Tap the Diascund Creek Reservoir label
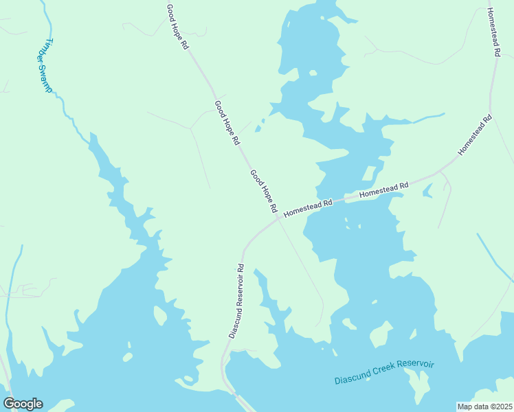click(385, 371)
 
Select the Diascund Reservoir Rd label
click(236, 301)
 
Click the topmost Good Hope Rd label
click(177, 27)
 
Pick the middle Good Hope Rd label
click(227, 123)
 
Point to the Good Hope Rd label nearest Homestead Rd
click(263, 190)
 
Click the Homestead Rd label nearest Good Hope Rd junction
click(308, 207)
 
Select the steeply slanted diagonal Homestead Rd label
click(476, 134)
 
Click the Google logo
click(23, 404)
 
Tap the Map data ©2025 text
click(484, 406)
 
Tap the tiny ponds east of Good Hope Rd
click(259, 126)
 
